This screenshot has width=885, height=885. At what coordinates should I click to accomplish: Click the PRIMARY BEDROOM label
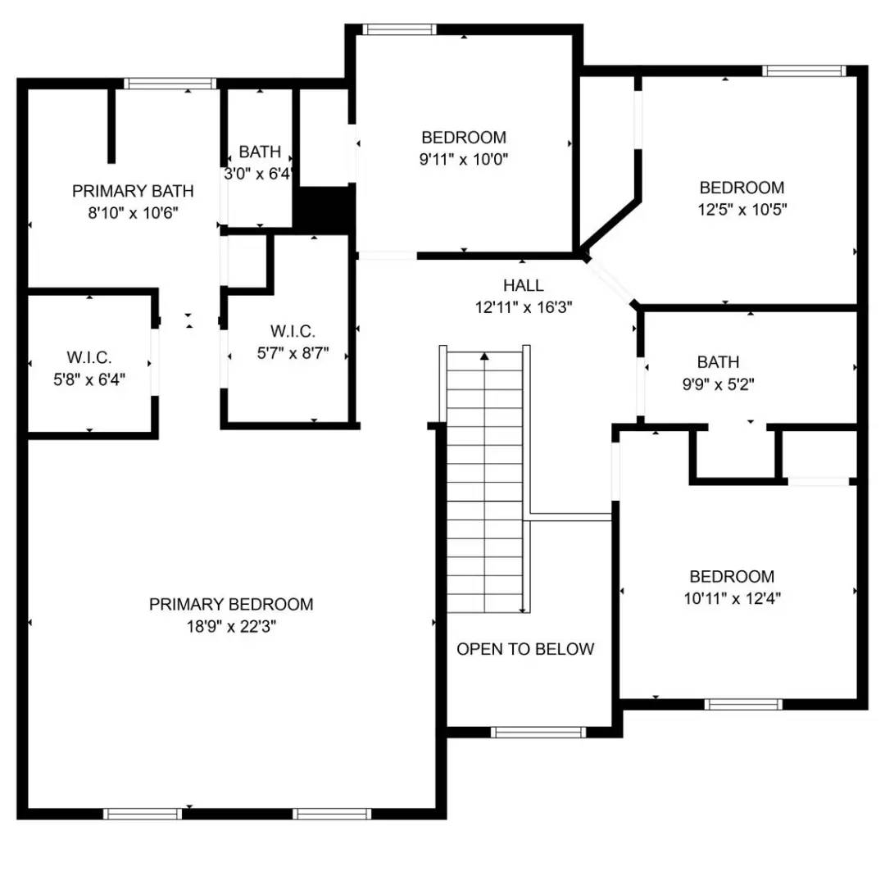click(231, 605)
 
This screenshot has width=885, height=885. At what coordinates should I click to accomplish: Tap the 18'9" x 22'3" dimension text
click(231, 627)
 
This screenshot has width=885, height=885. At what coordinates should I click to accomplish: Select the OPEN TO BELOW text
click(525, 650)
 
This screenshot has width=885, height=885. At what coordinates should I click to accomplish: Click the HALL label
click(524, 286)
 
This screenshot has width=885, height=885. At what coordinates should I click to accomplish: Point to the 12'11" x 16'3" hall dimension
click(524, 308)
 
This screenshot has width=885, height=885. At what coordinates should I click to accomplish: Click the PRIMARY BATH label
click(133, 192)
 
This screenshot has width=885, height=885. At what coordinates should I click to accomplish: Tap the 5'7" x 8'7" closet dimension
click(293, 354)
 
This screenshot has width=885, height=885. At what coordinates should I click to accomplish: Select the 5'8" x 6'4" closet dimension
click(89, 380)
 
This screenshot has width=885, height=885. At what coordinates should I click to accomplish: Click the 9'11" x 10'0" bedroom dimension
click(464, 160)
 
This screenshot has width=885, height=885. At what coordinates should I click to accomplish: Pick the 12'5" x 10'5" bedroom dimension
click(742, 210)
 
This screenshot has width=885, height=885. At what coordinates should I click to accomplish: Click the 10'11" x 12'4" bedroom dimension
click(732, 599)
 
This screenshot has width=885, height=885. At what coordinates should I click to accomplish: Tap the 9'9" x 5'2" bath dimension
click(718, 384)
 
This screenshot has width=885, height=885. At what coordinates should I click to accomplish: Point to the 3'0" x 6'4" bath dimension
click(259, 175)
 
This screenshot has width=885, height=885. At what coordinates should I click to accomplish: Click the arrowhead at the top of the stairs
click(485, 356)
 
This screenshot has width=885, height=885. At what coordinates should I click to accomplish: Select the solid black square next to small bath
click(324, 209)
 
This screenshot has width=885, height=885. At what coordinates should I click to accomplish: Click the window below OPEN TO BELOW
click(538, 732)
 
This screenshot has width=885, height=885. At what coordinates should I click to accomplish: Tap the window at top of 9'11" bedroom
click(400, 29)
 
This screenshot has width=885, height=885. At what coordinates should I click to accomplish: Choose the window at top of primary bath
click(170, 83)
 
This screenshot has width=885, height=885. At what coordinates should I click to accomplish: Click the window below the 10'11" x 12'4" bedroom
click(743, 704)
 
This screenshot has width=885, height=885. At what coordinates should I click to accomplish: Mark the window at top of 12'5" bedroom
click(802, 71)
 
